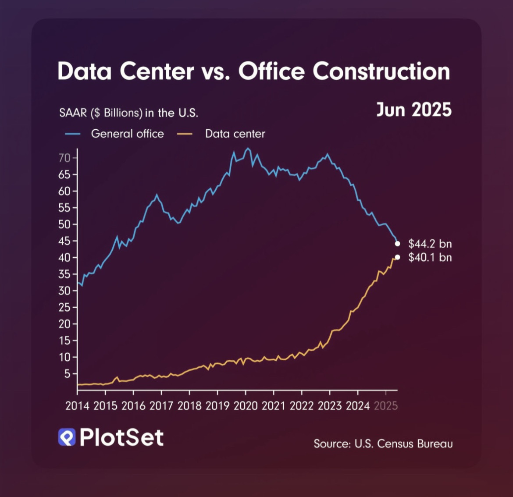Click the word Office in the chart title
point(271,71)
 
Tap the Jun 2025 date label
point(414,110)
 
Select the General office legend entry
point(127,134)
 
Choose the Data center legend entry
point(235,134)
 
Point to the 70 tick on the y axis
point(64,158)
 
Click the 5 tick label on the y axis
point(67,374)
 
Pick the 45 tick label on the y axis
point(64,241)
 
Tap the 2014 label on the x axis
point(77,406)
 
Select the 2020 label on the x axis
point(246,406)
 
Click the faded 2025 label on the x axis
point(386,406)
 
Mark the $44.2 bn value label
point(430,244)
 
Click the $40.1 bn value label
point(430,257)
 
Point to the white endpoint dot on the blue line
point(397,244)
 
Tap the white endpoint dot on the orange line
point(397,257)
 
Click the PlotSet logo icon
point(67,437)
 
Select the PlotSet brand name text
point(121,437)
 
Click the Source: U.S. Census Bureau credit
point(383,444)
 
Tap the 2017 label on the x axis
point(161,406)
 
